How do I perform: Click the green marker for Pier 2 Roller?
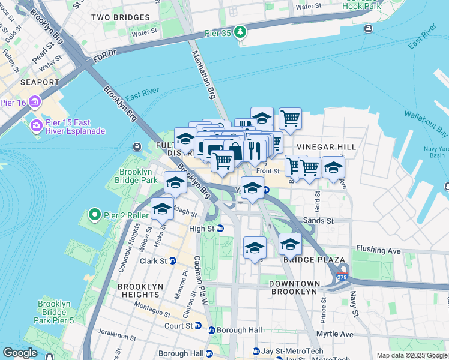click(x=93, y=214)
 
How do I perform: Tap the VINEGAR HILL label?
click(x=326, y=147)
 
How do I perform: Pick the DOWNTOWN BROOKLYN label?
click(x=292, y=287)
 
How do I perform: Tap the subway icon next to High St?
click(x=220, y=229)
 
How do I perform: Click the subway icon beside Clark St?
click(x=173, y=261)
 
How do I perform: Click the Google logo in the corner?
click(x=20, y=353)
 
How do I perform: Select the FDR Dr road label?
click(x=106, y=59)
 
